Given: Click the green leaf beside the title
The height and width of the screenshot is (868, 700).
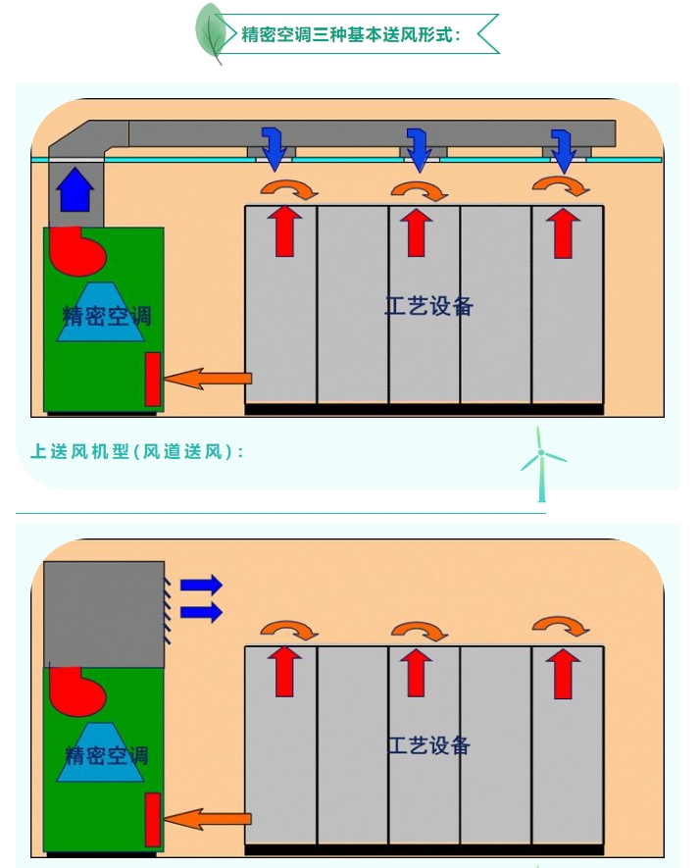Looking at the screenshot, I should (x=210, y=31).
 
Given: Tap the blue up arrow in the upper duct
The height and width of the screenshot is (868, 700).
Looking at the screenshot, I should (x=75, y=188).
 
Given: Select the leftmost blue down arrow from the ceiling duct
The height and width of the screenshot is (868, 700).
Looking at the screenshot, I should (x=274, y=147).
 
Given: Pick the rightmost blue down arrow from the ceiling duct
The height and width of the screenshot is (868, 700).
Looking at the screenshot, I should (x=564, y=148).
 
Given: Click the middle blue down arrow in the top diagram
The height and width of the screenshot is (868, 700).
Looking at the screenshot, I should (x=420, y=148).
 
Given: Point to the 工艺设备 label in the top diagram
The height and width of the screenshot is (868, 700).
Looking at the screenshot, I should (x=428, y=306).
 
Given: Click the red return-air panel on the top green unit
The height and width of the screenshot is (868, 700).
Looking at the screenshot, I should (x=153, y=379).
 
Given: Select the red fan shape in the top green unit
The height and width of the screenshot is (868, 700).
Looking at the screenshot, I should (x=77, y=251).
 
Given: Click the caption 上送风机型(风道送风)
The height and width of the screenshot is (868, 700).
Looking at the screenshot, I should (x=136, y=452).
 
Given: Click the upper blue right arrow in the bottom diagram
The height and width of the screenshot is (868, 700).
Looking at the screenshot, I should (x=202, y=586).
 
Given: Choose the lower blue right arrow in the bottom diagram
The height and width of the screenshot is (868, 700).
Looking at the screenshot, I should (x=202, y=612).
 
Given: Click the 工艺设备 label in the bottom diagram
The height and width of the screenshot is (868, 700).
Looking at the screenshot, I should (x=428, y=745).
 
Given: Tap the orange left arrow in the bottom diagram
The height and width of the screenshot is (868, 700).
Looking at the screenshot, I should (x=208, y=817).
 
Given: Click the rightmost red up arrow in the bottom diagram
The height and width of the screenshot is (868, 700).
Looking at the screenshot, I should (x=563, y=673).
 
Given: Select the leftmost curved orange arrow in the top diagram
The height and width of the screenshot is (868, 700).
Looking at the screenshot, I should (x=289, y=187).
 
